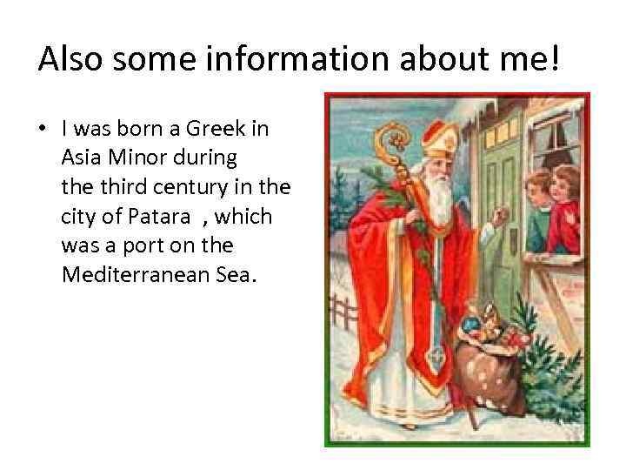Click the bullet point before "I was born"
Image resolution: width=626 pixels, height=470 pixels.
coord(41,130)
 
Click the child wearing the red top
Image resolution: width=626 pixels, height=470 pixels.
coord(566,205)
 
